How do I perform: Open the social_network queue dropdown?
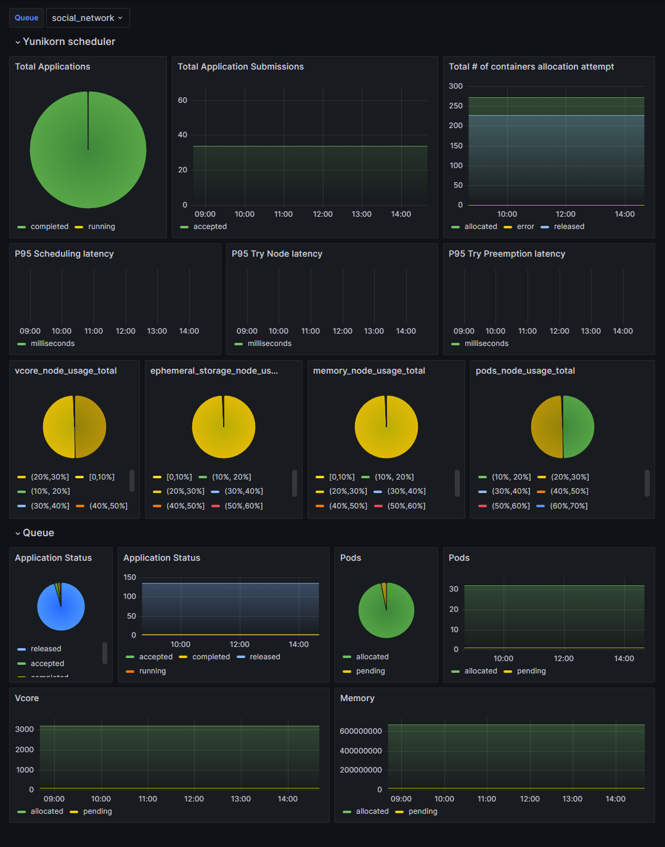[88, 18]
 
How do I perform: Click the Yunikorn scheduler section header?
[68, 42]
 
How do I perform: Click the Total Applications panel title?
[52, 66]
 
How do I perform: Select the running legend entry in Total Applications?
[101, 227]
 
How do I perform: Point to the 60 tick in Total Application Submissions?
[182, 100]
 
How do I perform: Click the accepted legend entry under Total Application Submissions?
[210, 227]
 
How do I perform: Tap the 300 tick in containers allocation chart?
[455, 86]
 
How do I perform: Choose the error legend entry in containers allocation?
[525, 227]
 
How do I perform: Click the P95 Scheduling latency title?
[64, 254]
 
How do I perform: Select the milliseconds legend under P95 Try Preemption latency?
[486, 343]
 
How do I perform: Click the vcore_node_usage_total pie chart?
[75, 427]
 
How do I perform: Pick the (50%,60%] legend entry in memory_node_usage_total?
[406, 506]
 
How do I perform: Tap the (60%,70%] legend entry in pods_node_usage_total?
[568, 506]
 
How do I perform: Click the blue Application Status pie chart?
[61, 606]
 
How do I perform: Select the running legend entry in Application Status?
[152, 671]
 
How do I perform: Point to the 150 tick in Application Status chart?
[129, 577]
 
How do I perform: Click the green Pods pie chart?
[386, 610]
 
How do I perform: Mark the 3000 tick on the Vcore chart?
[25, 729]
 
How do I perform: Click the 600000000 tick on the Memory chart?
[361, 731]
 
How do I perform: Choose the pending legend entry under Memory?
[422, 811]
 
